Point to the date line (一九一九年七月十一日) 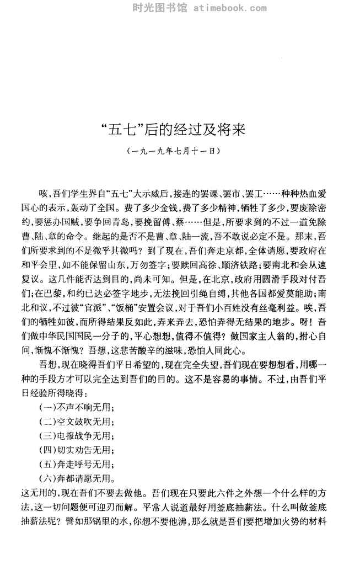pos(180,150)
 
